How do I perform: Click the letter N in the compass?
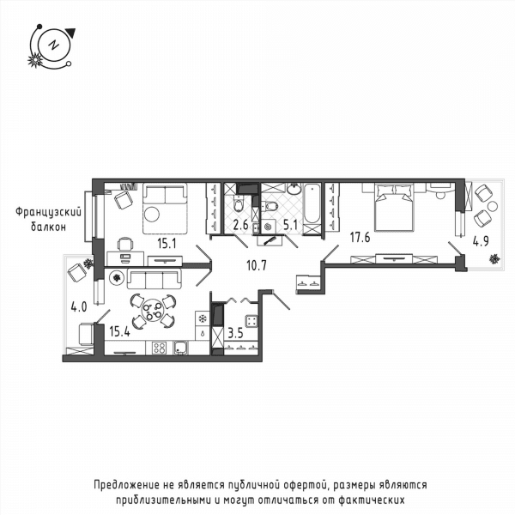pyautogui.click(x=52, y=45)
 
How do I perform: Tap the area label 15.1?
pyautogui.click(x=167, y=244)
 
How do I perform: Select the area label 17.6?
pyautogui.click(x=360, y=237)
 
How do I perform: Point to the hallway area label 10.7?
pyautogui.click(x=257, y=265)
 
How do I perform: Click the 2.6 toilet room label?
pyautogui.click(x=240, y=225)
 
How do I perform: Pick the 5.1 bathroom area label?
pyautogui.click(x=290, y=225)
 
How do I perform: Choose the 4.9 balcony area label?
pyautogui.click(x=481, y=241)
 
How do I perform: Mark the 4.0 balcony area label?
pyautogui.click(x=79, y=307)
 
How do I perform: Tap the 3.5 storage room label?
pyautogui.click(x=235, y=333)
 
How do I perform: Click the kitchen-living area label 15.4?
pyautogui.click(x=119, y=331)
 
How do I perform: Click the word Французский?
pyautogui.click(x=48, y=212)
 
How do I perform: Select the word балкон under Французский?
pyautogui.click(x=48, y=227)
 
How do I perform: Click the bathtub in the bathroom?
pyautogui.click(x=311, y=204)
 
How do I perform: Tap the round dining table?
pyautogui.click(x=153, y=310)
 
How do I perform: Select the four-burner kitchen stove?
pyautogui.click(x=160, y=348)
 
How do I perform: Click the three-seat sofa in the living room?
pyautogui.click(x=154, y=278)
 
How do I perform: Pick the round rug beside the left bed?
pyautogui.click(x=152, y=214)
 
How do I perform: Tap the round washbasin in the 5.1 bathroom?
pyautogui.click(x=294, y=189)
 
